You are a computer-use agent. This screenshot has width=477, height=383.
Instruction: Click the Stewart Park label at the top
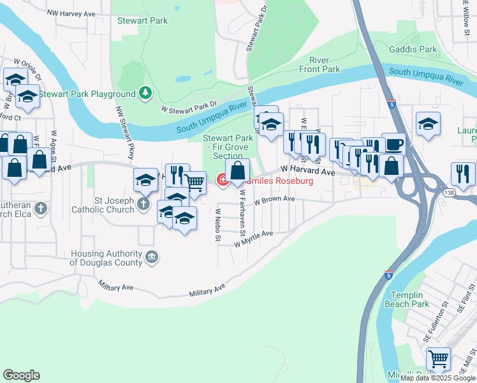142,20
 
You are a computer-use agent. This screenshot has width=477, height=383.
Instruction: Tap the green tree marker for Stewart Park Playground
147,94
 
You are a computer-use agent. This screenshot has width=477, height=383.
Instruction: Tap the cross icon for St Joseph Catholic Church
144,205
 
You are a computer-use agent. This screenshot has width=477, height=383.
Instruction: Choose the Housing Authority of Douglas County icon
151,257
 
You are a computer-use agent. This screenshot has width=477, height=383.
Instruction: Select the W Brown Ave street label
274,200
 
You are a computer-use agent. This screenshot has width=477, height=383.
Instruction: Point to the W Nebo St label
217,225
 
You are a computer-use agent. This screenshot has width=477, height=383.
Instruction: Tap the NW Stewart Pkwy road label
125,133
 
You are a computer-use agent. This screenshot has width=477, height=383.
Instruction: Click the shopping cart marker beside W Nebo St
194,183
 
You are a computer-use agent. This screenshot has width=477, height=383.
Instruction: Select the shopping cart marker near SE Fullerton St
437,359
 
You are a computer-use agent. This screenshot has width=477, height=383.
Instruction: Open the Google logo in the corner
21,375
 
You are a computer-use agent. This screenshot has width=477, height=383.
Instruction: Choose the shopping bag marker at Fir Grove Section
237,170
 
